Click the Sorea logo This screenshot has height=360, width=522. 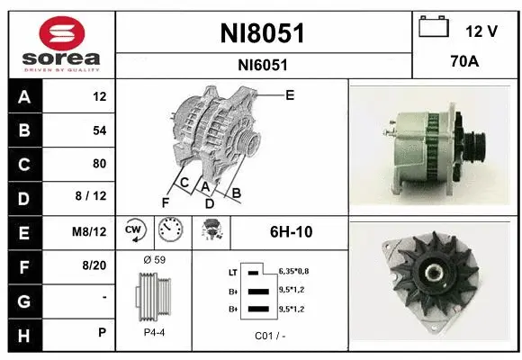point(59,43)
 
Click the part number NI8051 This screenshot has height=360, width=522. point(263,34)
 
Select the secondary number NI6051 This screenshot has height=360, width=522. point(263,65)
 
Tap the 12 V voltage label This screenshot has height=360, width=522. point(481,31)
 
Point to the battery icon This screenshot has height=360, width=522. point(435,28)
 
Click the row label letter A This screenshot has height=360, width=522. point(22,97)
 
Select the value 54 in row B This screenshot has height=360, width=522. point(99,130)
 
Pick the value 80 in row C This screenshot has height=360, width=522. point(99,164)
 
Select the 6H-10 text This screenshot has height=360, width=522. point(291,231)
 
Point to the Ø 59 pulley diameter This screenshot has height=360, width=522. point(154,260)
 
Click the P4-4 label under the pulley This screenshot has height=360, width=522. point(154,331)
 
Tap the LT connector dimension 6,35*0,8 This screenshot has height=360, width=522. point(295,270)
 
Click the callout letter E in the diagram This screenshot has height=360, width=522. point(289,94)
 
